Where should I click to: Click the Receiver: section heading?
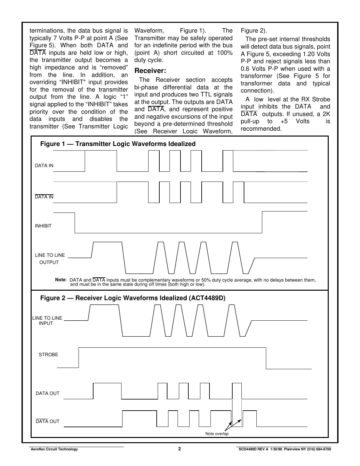click(x=150, y=71)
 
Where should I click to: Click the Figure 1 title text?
click(x=118, y=144)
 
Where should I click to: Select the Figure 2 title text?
click(x=133, y=298)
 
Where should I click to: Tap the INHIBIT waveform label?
click(x=43, y=226)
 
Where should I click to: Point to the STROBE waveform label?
click(x=48, y=355)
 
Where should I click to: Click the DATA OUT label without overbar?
click(x=48, y=393)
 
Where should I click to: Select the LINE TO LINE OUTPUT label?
click(x=50, y=259)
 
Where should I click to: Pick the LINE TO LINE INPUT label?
click(x=47, y=321)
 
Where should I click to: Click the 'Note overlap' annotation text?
click(x=217, y=434)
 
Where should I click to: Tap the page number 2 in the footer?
click(x=180, y=449)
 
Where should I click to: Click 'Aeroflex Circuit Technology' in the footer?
click(x=54, y=449)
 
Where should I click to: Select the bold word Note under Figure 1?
click(x=60, y=280)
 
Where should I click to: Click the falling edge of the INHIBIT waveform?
click(x=75, y=223)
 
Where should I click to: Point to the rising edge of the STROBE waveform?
click(x=79, y=357)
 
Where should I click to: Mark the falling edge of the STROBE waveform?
click(x=266, y=358)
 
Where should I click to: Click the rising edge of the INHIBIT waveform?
click(x=262, y=222)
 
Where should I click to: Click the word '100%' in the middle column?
click(x=225, y=53)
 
